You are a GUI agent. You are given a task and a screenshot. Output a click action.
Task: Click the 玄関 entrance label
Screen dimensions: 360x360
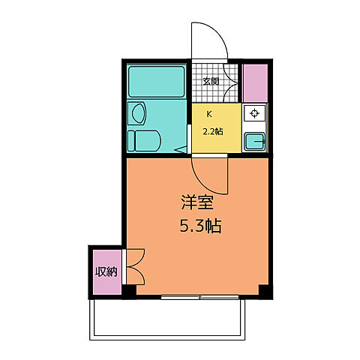[211, 82]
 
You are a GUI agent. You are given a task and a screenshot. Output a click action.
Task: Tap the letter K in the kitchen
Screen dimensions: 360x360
[209, 115]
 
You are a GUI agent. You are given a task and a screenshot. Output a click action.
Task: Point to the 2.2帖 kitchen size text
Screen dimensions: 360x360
[213, 131]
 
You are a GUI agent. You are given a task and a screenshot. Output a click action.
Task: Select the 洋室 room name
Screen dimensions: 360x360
[197, 202]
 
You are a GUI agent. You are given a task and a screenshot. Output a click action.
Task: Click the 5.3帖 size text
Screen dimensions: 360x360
[200, 226]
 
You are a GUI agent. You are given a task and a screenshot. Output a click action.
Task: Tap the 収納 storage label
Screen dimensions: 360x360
[106, 271]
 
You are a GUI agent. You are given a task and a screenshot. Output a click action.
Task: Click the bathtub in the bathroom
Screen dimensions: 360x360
[157, 82]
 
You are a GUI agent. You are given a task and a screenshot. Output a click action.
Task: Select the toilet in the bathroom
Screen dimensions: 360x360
[144, 141]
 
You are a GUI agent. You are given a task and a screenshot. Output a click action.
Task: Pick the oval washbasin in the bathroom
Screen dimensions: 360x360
[138, 113]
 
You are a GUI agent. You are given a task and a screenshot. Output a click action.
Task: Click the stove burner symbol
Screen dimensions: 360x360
[255, 113]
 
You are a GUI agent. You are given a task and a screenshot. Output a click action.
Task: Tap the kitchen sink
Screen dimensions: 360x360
[255, 142]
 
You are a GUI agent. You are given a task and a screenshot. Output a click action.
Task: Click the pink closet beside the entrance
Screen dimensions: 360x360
[255, 83]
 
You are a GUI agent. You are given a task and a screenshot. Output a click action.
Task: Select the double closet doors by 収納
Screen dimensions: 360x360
[136, 266]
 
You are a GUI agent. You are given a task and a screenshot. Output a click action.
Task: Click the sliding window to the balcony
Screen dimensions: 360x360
[200, 297]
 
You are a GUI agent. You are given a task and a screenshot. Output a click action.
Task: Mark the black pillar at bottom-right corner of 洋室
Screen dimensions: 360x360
[265, 292]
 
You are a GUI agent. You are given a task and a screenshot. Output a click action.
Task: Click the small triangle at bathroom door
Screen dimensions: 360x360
[181, 149]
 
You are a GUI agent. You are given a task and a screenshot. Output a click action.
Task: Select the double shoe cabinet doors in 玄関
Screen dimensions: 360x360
[230, 83]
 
